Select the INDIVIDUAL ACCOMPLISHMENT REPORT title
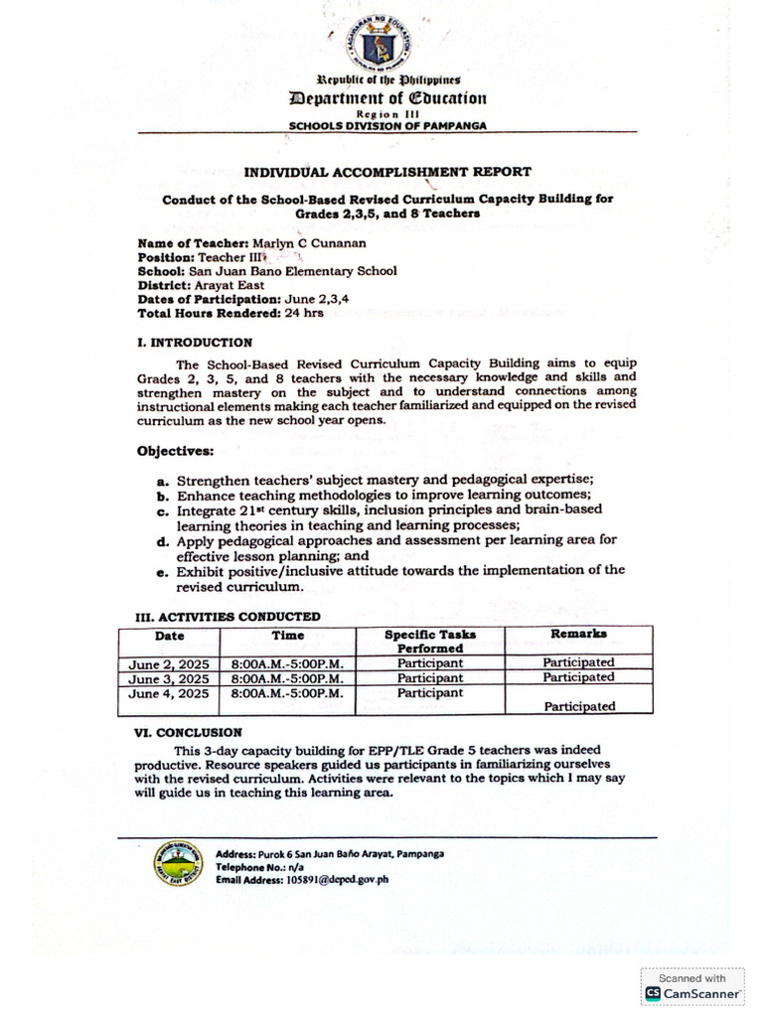click(387, 171)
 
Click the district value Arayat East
click(230, 284)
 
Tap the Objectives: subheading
click(174, 451)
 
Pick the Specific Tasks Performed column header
click(430, 641)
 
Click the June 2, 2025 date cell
click(169, 662)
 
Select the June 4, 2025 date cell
click(169, 694)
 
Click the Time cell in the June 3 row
click(288, 678)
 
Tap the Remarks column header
click(578, 634)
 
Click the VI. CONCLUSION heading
click(188, 732)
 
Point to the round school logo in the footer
click(179, 866)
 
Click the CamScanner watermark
click(692, 986)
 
